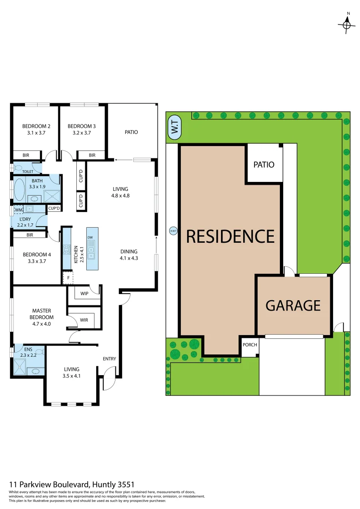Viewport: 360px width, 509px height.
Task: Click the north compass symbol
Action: [347, 25]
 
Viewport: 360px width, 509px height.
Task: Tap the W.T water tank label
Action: [174, 129]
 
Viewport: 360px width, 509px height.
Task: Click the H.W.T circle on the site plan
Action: [173, 230]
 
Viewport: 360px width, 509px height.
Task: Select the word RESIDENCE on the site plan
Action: [230, 236]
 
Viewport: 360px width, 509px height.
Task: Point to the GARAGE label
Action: [293, 305]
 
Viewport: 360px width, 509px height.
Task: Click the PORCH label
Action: [250, 345]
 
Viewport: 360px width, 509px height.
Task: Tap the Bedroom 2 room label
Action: [36, 126]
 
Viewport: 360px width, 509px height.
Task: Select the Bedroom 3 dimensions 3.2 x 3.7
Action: [82, 133]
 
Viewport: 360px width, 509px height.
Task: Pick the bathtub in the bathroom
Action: [20, 190]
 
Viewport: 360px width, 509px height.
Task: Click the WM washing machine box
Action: [19, 210]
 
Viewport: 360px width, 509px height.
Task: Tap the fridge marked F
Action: [68, 278]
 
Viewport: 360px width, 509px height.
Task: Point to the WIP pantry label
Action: [84, 294]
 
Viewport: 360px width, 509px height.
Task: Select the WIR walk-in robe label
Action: [84, 320]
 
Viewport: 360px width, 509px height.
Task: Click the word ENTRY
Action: [109, 359]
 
